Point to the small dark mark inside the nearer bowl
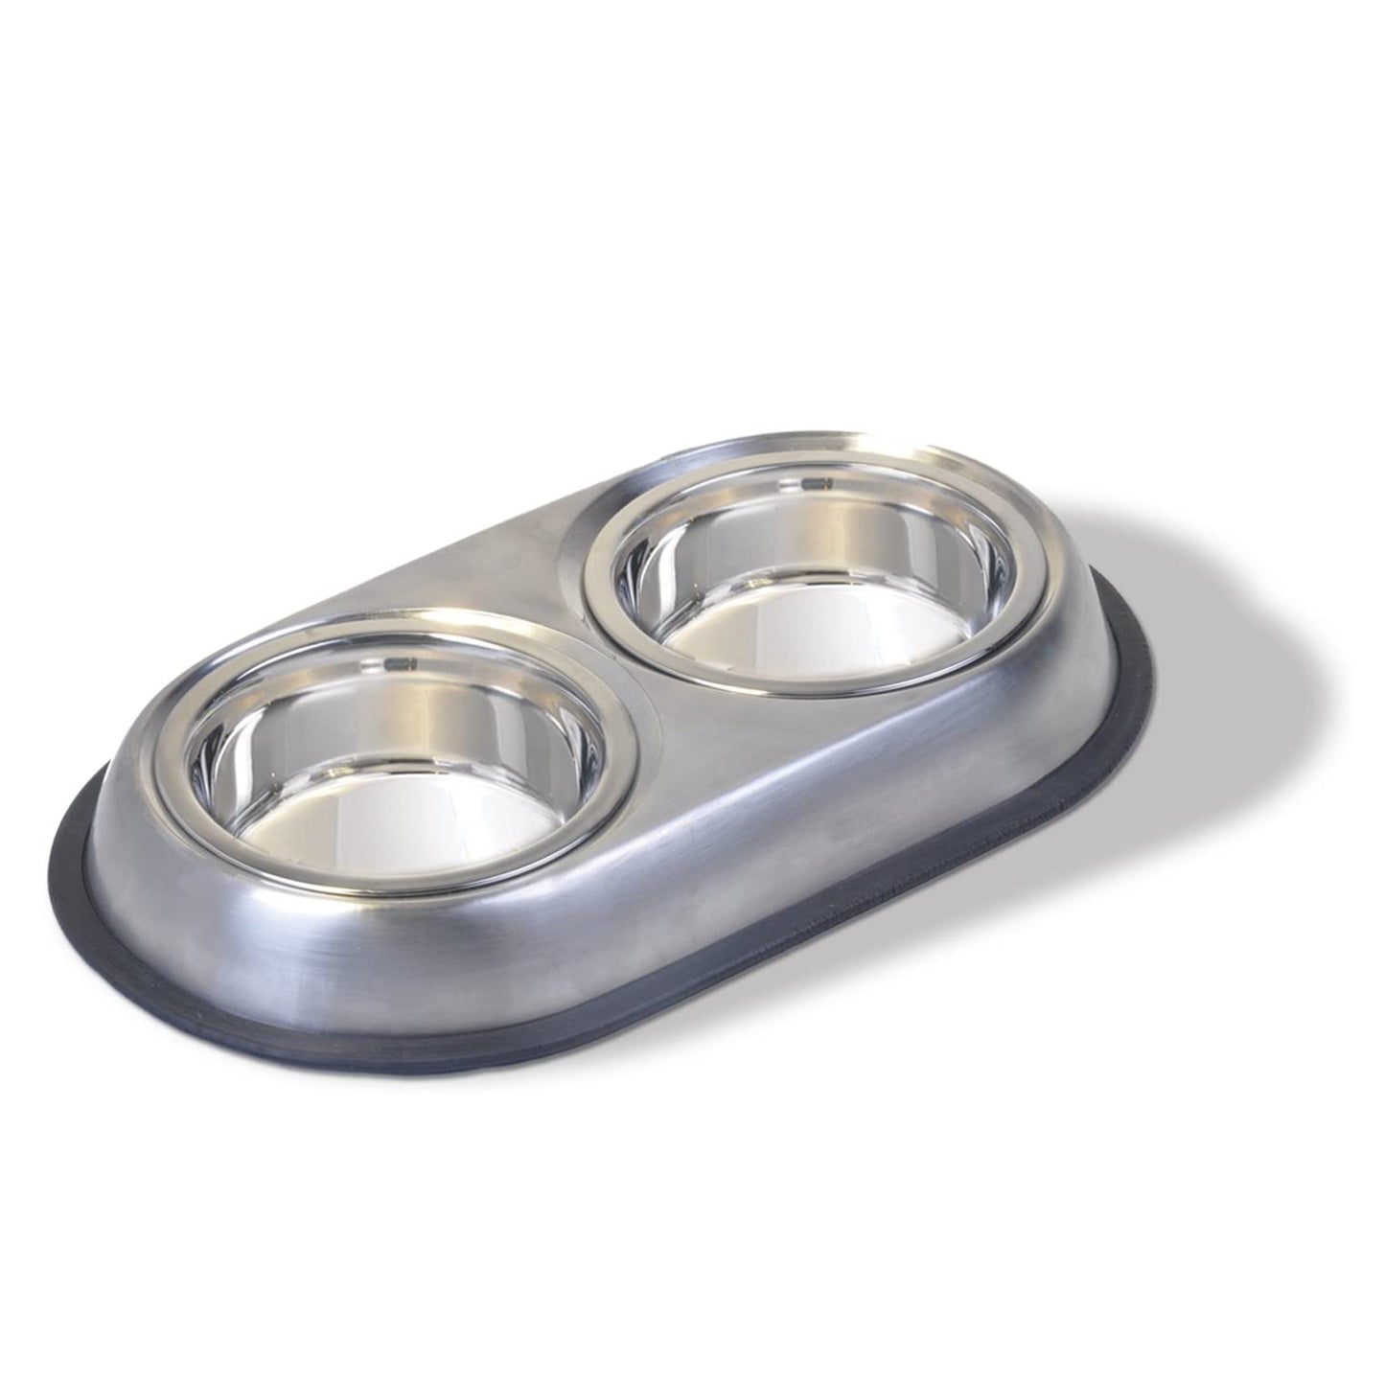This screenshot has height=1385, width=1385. pyautogui.click(x=408, y=660)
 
